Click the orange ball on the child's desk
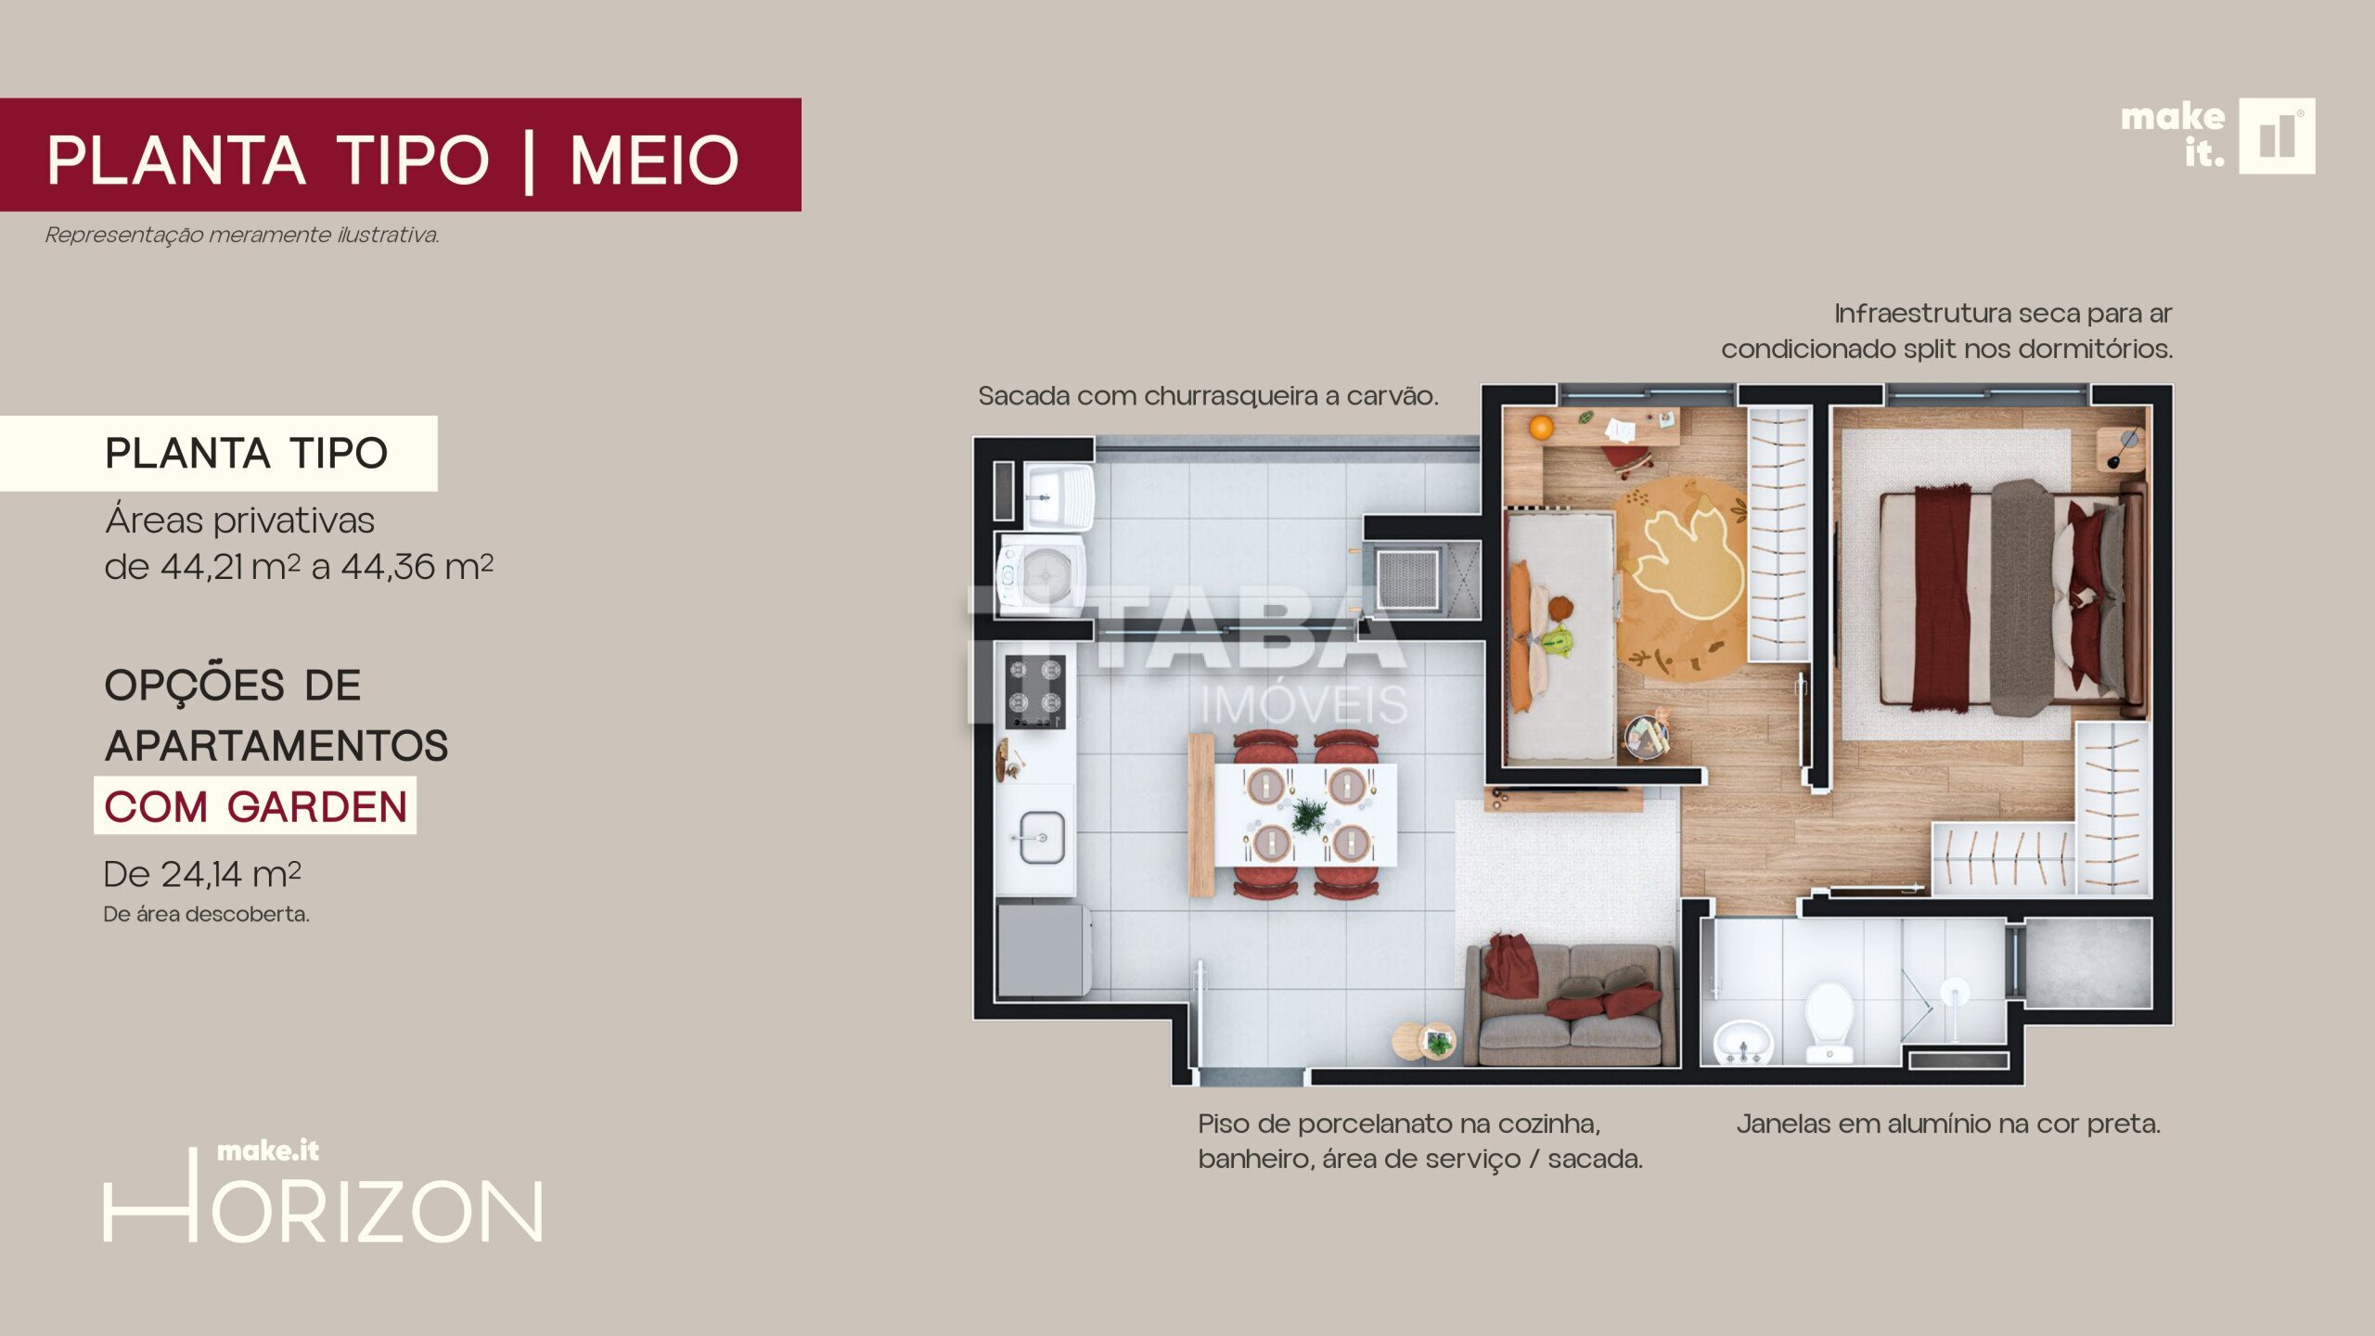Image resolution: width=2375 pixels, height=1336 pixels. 1541,428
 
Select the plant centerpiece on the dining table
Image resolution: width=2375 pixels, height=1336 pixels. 1309,816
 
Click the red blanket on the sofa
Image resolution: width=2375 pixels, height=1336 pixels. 1510,967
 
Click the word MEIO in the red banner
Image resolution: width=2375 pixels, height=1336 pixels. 655,161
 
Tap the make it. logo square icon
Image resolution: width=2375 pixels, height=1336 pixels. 2277,136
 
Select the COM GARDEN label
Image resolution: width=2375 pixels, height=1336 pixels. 255,806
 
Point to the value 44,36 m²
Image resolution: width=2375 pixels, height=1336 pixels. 417,566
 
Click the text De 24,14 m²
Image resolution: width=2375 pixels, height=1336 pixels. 202,874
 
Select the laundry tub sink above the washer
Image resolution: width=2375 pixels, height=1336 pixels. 1059,495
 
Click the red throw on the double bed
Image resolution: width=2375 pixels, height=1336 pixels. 1942,598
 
